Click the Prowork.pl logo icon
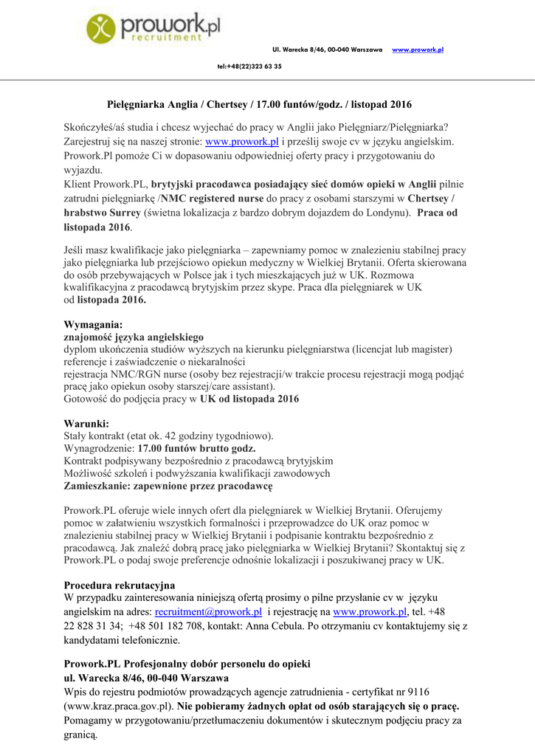click(102, 30)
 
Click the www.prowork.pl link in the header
click(417, 49)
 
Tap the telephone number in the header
click(249, 66)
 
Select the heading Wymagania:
click(94, 324)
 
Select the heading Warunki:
click(87, 424)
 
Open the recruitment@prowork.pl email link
click(208, 612)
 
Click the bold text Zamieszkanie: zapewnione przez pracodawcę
click(168, 487)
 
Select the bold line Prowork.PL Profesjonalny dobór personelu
click(187, 664)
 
